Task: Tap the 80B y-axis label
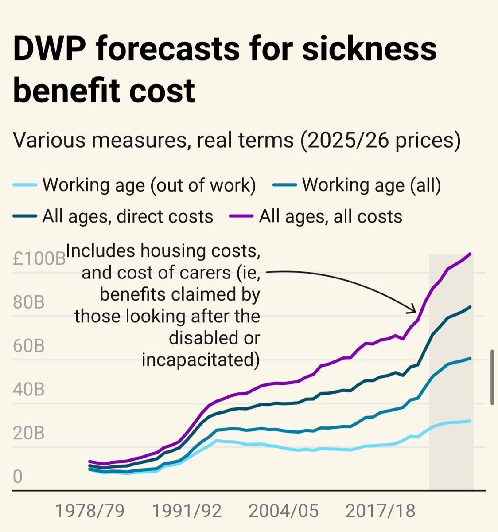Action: (x=29, y=303)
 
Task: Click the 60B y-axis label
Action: (x=29, y=346)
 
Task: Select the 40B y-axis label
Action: (x=29, y=390)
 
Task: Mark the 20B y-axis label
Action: (x=29, y=433)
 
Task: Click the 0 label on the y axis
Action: (x=17, y=477)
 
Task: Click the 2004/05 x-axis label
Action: (x=284, y=511)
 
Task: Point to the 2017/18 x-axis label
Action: (x=381, y=511)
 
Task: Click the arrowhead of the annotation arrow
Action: (x=412, y=311)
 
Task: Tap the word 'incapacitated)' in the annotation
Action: (x=201, y=360)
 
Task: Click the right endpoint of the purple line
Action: (x=470, y=254)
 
